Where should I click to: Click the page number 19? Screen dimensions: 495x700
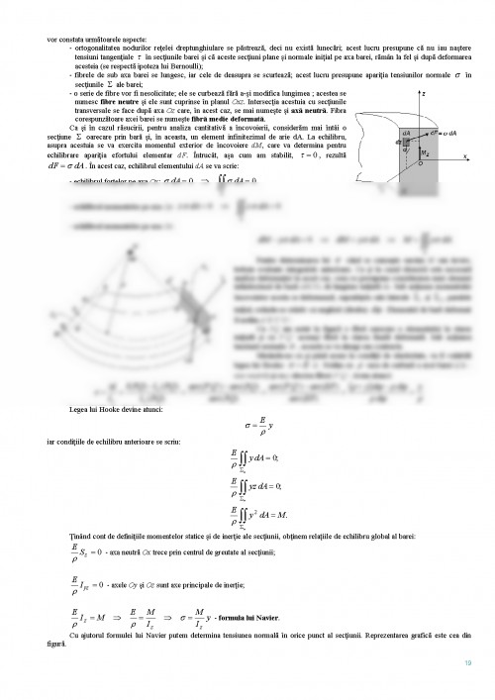coord(466,662)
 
